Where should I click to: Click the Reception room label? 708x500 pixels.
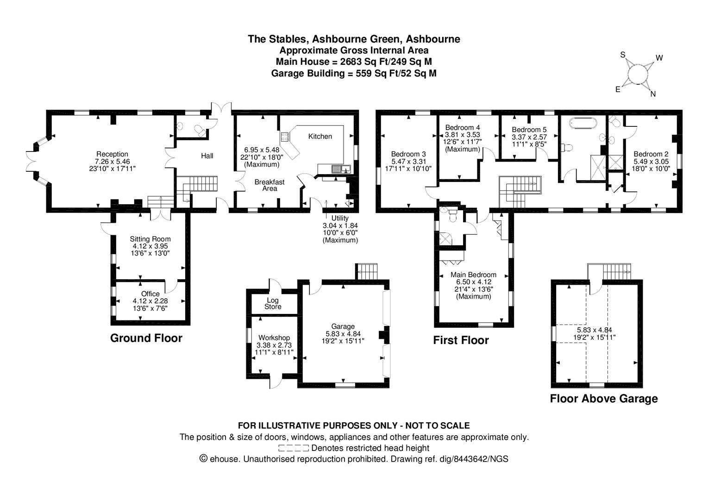[x=112, y=154]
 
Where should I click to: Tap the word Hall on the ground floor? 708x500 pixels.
[x=207, y=156]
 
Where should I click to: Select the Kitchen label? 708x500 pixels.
[x=320, y=136]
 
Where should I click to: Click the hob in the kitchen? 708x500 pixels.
[x=284, y=137]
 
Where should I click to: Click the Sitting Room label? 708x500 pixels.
[x=150, y=239]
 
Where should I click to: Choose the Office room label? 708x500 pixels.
[x=150, y=294]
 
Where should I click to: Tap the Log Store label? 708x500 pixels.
[x=273, y=303]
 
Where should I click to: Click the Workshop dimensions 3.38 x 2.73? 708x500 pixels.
[x=275, y=345]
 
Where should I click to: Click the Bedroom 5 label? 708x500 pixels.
[x=529, y=130]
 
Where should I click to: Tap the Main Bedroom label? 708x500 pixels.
[x=473, y=275]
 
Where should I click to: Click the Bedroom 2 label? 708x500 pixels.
[x=651, y=154]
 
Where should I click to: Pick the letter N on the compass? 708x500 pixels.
[x=653, y=94]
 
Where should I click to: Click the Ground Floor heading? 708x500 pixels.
[x=146, y=338]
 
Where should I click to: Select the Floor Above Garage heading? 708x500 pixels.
[x=603, y=399]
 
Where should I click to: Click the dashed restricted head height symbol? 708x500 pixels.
[x=294, y=448]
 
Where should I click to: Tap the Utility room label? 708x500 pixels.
[x=340, y=218]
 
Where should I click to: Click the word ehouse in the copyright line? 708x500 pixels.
[x=225, y=459]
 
